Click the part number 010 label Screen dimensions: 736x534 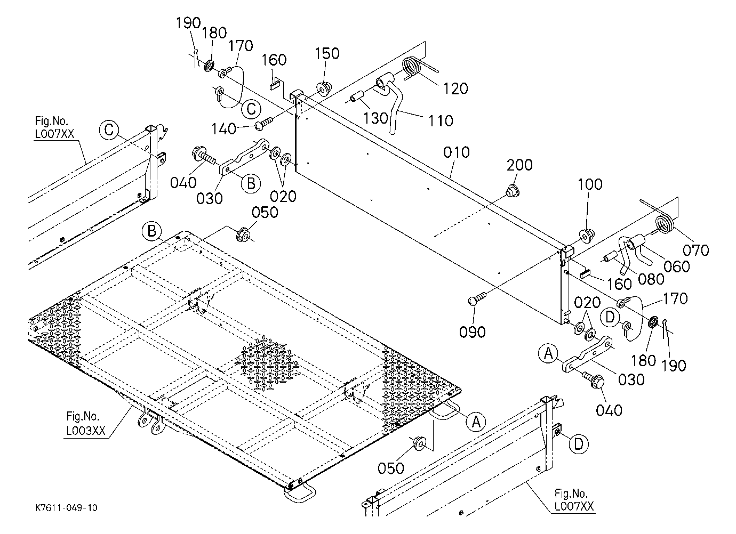pos(457,152)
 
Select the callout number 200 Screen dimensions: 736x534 pos(519,165)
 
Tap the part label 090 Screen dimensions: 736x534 pos(472,333)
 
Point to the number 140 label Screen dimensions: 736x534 pos(224,129)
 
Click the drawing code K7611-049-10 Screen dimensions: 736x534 pos(67,508)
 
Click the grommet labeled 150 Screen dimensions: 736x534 pos(324,89)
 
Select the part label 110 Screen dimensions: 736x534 pos(441,121)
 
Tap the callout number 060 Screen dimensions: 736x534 pos(676,266)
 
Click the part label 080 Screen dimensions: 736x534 pos(651,279)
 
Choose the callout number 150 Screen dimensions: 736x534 pos(327,53)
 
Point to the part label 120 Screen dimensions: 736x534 pos(455,89)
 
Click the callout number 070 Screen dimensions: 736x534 pos(695,250)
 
